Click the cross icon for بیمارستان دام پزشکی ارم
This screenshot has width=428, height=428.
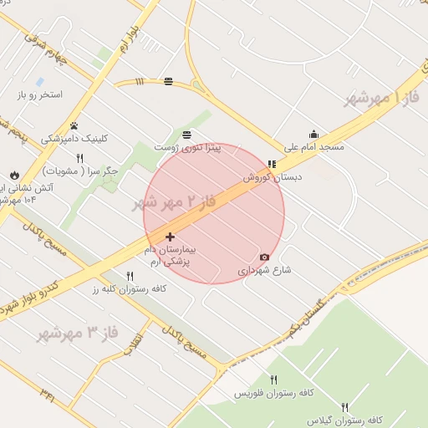[171, 237]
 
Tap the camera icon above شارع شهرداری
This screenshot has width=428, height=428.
[265, 257]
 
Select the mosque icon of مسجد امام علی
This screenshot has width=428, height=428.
[313, 134]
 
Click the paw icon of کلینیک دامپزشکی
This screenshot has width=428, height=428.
[74, 126]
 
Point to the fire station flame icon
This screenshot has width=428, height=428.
[15, 176]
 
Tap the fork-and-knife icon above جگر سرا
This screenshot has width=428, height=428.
[80, 159]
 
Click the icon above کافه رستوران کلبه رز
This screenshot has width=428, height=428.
[130, 276]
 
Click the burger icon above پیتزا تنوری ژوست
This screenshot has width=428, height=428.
[186, 135]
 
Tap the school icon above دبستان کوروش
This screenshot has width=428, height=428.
[271, 164]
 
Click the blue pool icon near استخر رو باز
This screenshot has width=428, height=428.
[39, 82]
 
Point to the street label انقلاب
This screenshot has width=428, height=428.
[135, 345]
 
